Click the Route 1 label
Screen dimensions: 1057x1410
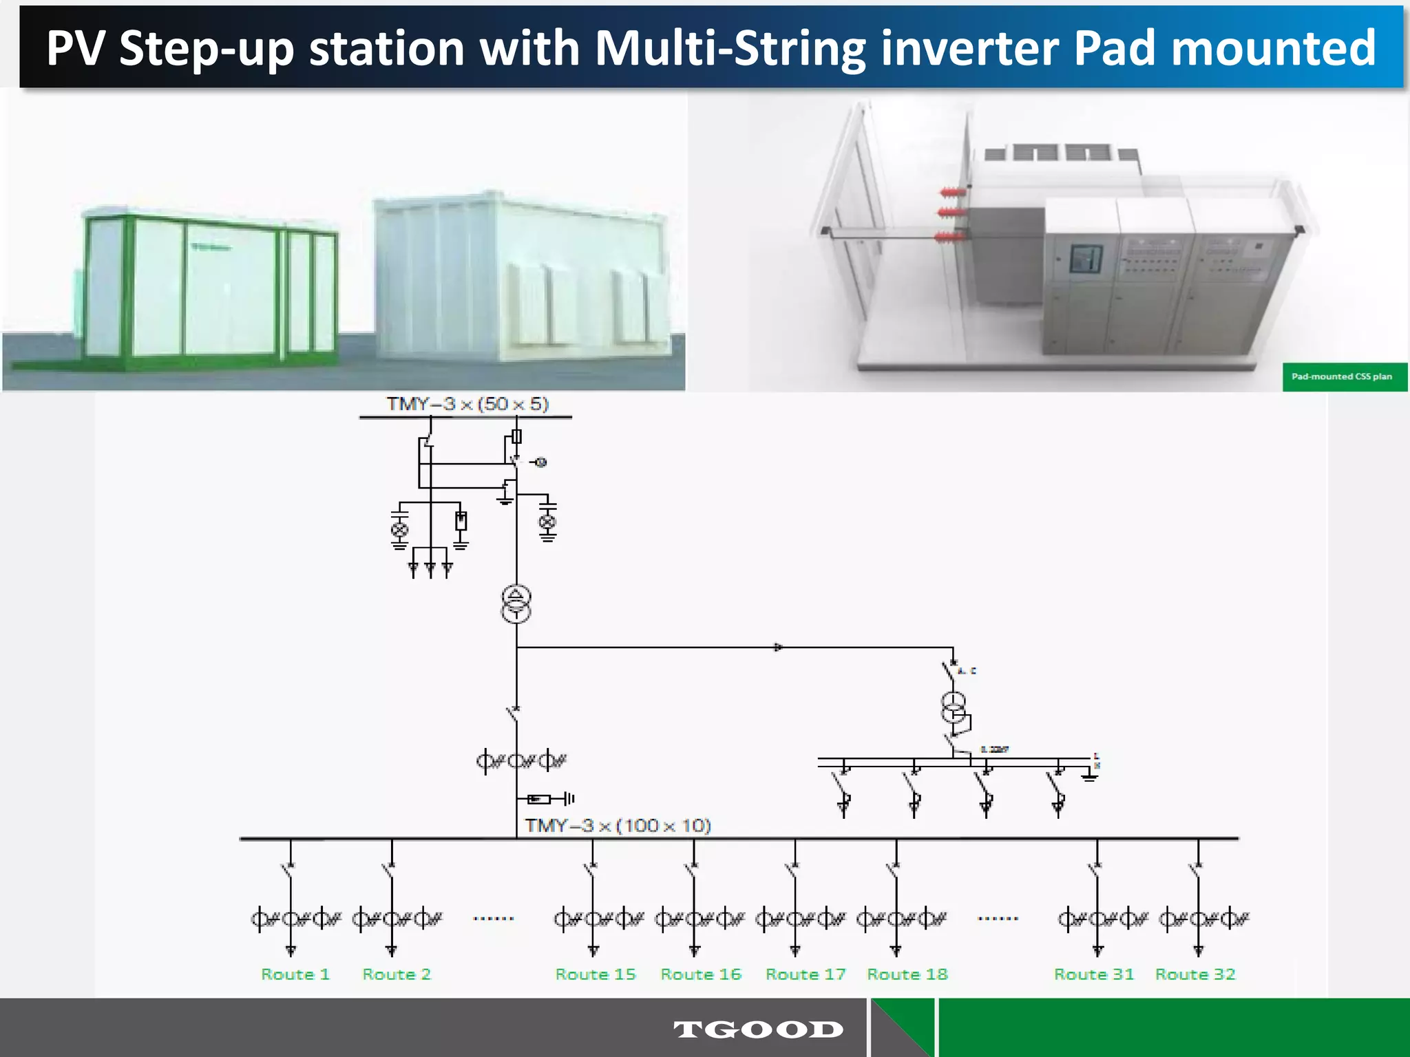coord(295,974)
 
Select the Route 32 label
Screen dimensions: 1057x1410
coord(1195,974)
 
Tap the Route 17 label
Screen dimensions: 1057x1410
coord(806,974)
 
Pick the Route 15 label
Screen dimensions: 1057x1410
coord(596,974)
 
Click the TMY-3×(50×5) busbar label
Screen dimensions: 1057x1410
coord(467,404)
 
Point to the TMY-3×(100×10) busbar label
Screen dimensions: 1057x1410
coord(618,825)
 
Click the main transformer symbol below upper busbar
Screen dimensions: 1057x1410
coord(516,604)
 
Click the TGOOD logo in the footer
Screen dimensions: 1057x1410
coord(758,1029)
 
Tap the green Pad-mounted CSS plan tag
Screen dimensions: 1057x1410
coord(1343,376)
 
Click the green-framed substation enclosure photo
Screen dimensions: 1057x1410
coord(207,289)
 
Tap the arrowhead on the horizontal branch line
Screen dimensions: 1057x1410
coord(778,648)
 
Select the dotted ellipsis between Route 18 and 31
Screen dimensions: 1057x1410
coord(998,919)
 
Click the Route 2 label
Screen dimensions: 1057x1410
coord(397,974)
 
